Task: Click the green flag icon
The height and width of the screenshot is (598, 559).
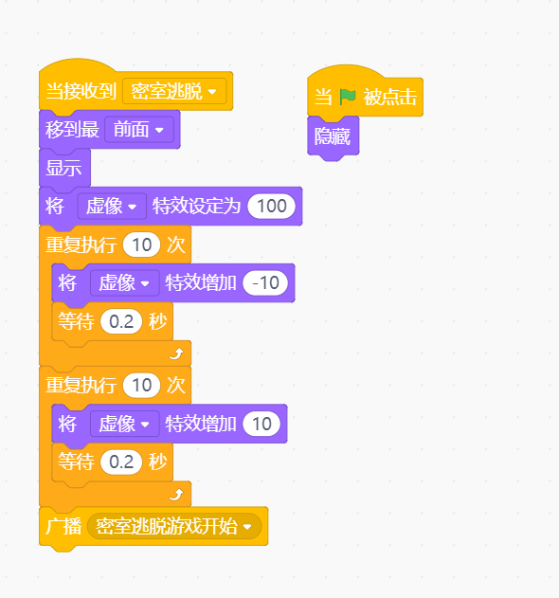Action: pos(348,97)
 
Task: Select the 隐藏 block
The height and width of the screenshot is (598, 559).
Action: pos(333,136)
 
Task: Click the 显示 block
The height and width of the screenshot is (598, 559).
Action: pos(64,168)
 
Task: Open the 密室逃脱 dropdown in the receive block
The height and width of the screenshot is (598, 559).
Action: pos(174,91)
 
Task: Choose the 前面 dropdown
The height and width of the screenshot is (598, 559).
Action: pos(138,130)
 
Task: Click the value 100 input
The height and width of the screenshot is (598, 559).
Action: pos(272,207)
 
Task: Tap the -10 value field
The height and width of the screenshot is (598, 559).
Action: pos(265,283)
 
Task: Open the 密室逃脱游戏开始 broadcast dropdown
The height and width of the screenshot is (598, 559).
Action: pos(174,526)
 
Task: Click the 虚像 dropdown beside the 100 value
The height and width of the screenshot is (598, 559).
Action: pos(112,207)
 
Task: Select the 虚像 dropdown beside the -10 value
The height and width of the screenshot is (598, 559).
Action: pos(125,283)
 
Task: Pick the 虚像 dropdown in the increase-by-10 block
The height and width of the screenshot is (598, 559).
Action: pos(125,424)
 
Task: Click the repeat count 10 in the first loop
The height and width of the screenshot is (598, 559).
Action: pos(141,245)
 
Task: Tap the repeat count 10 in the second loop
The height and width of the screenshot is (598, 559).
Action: pos(141,385)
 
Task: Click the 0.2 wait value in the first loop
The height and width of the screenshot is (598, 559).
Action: pos(121,321)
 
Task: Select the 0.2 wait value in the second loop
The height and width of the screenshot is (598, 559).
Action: pos(121,462)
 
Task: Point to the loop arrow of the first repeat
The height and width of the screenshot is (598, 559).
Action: pos(176,353)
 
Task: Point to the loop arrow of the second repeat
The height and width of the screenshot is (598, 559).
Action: pos(176,495)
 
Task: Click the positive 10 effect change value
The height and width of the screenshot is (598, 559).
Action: pos(261,424)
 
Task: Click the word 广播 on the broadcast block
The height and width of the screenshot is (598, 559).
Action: pos(63,526)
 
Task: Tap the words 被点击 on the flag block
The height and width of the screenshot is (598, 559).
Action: pos(389,97)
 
